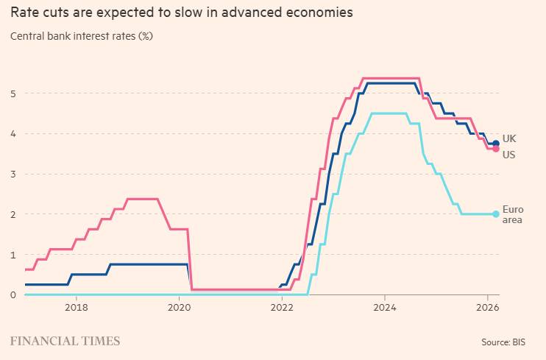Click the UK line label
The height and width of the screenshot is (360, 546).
point(509,138)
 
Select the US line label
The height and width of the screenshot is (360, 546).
point(508,155)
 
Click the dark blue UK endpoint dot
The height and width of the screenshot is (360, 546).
point(496,143)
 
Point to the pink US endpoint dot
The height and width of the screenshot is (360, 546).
point(496,149)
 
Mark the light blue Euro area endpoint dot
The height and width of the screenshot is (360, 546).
point(496,214)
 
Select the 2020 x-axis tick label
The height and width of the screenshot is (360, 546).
point(180,307)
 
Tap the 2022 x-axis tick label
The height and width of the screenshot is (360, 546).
point(282,307)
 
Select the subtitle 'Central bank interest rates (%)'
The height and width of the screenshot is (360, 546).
point(82,35)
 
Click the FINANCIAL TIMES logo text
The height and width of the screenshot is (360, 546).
point(65,342)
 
